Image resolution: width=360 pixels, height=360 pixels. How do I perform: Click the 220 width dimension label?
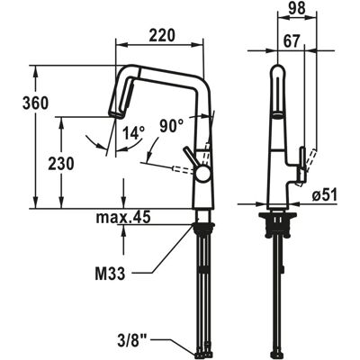point(162,35)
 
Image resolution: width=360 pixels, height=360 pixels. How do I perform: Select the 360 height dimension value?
point(35,103)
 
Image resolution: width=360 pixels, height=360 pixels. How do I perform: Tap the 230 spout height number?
point(61,164)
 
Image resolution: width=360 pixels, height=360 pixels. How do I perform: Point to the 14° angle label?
point(134,132)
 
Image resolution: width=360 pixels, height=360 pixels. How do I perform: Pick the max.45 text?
point(123,218)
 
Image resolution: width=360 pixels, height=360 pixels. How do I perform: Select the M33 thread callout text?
point(110,274)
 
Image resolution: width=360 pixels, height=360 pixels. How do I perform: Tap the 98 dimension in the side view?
point(297,7)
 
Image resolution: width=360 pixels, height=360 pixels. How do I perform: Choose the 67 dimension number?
point(291,41)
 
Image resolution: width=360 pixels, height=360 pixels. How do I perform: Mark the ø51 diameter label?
point(324,195)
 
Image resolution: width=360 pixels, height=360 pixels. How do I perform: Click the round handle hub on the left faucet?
point(202,174)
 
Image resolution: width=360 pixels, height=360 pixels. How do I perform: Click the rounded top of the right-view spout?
point(278,69)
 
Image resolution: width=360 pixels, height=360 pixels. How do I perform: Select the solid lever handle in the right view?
point(302,165)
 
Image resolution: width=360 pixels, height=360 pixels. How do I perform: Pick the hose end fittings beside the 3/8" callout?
point(203,355)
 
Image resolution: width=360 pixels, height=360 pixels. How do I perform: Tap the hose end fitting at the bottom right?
point(278,355)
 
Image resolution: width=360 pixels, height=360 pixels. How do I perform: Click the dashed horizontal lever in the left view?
point(183,170)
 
